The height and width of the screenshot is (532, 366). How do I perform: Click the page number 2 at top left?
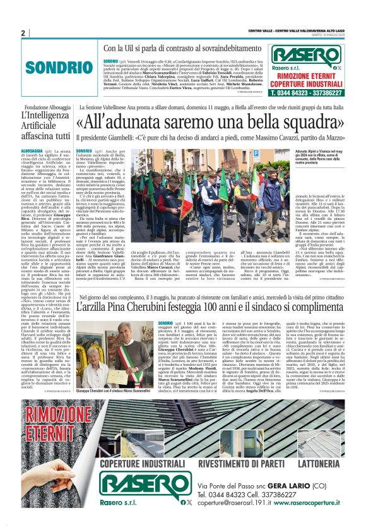(23, 33)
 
